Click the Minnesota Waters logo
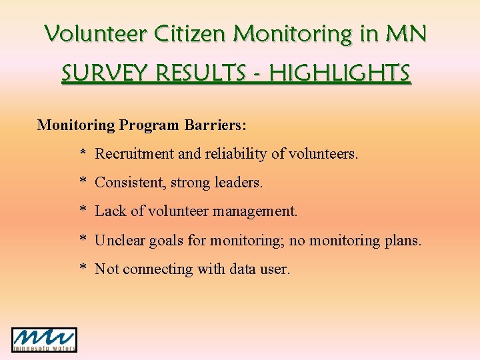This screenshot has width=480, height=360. pyautogui.click(x=44, y=339)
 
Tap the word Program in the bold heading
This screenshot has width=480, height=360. pyautogui.click(x=149, y=125)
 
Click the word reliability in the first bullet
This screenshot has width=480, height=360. pyautogui.click(x=236, y=154)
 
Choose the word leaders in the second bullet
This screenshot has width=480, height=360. pyautogui.click(x=239, y=183)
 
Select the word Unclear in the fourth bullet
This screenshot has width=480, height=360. pyautogui.click(x=119, y=240)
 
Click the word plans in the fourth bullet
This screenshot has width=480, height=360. pyautogui.click(x=403, y=241)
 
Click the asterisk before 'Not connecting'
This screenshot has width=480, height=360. pyautogui.click(x=83, y=269)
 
